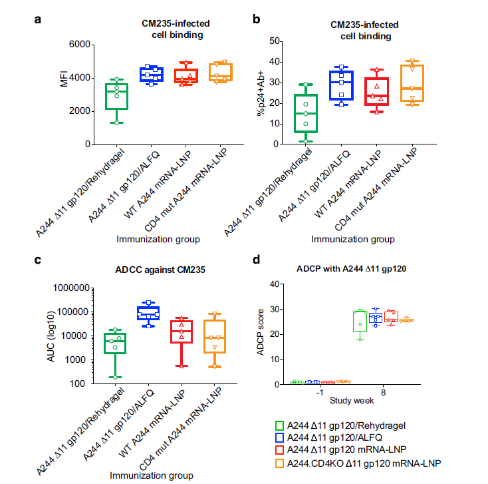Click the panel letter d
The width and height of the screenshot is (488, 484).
pyautogui.click(x=259, y=260)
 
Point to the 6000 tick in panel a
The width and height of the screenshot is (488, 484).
pyautogui.click(x=78, y=45)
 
